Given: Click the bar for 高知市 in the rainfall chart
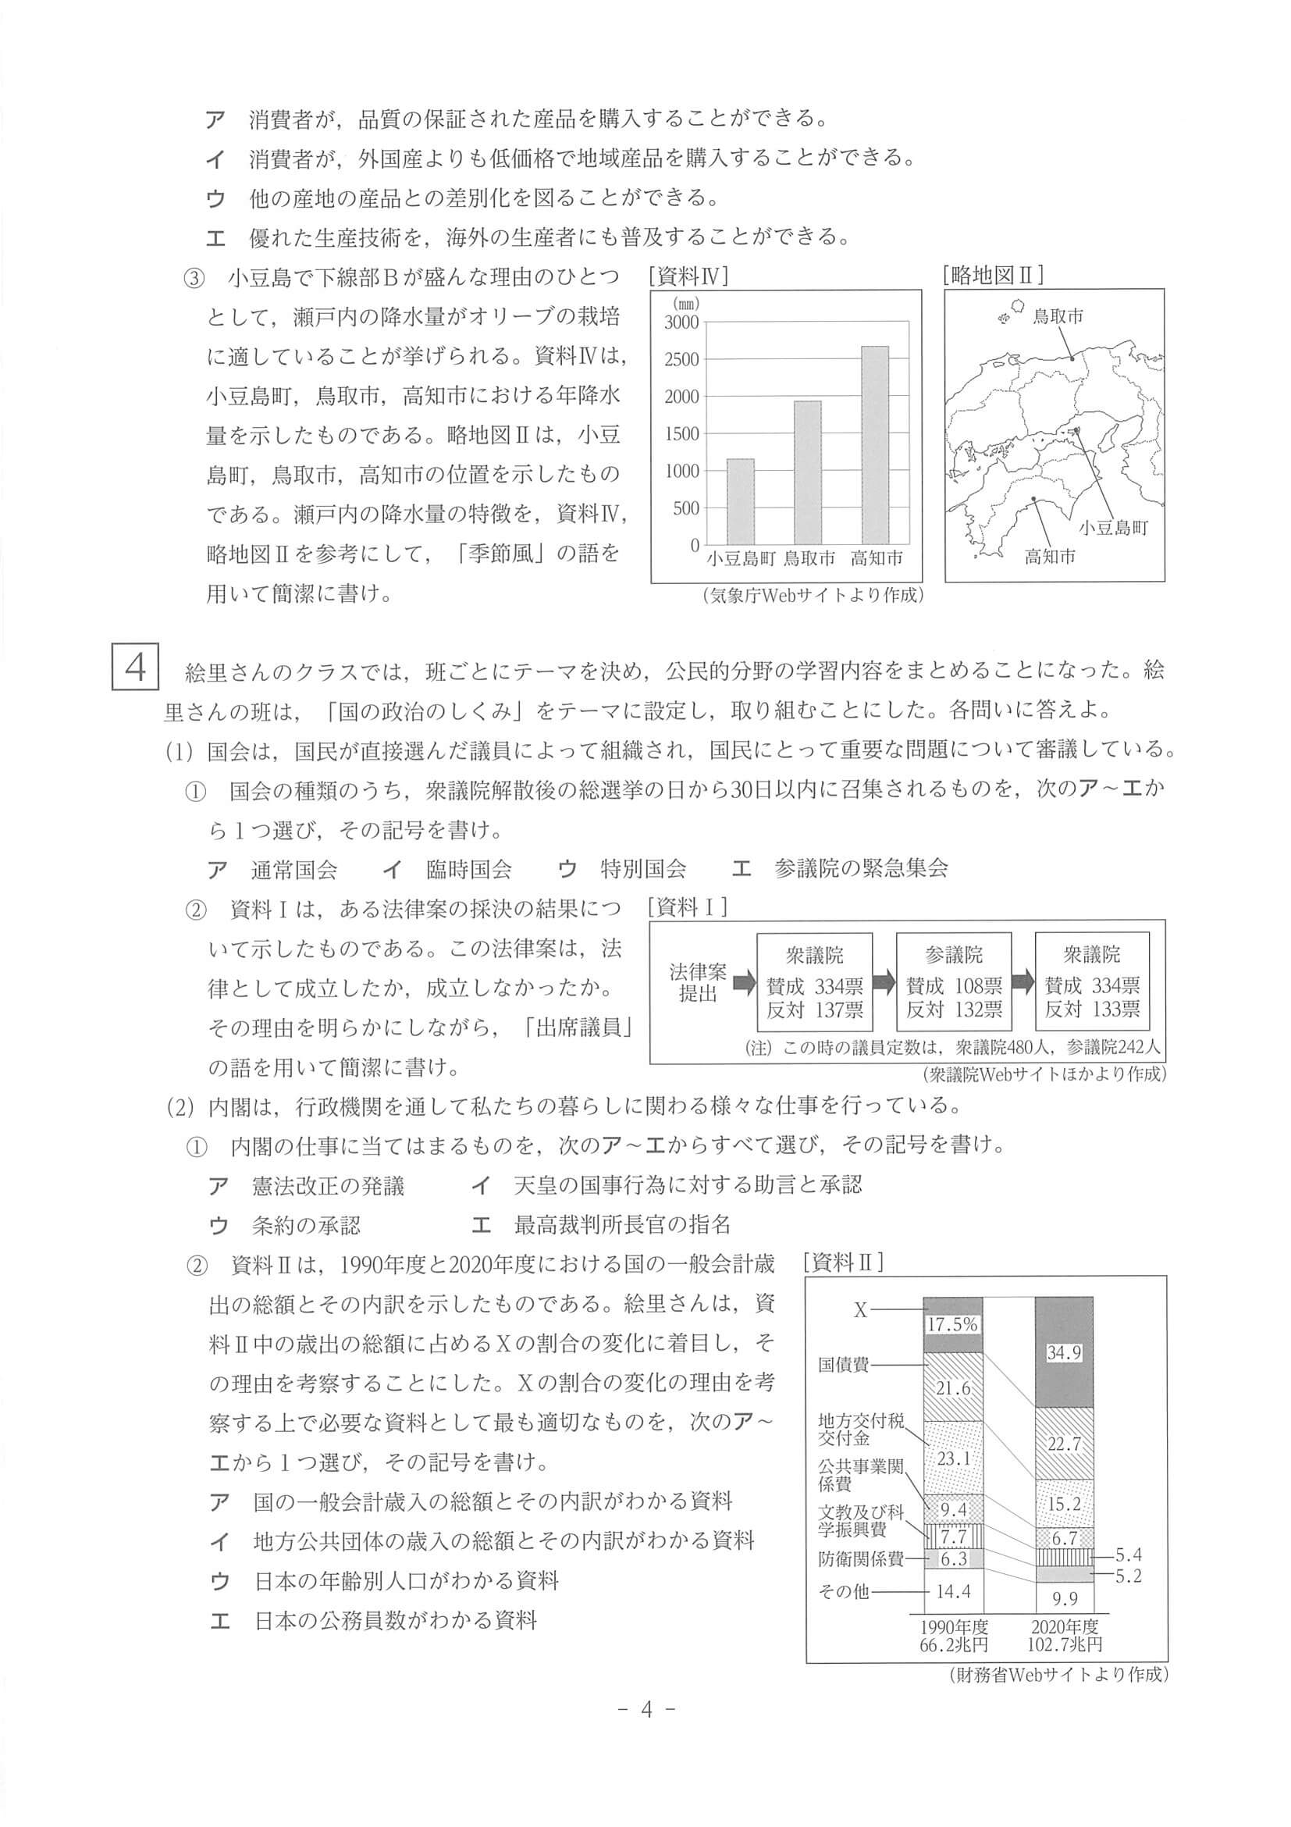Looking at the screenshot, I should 875,446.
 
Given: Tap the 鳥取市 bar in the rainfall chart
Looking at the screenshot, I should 808,472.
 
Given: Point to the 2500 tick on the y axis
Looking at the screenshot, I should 682,360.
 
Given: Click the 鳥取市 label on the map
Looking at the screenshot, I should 1057,317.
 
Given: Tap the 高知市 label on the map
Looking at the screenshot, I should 1049,556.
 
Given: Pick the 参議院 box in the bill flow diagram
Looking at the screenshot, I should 954,982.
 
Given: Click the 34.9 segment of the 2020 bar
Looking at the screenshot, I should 1064,1353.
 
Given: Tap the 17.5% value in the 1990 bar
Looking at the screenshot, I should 952,1324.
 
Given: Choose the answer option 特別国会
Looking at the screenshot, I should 643,869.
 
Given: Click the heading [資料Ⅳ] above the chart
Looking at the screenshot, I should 689,276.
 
